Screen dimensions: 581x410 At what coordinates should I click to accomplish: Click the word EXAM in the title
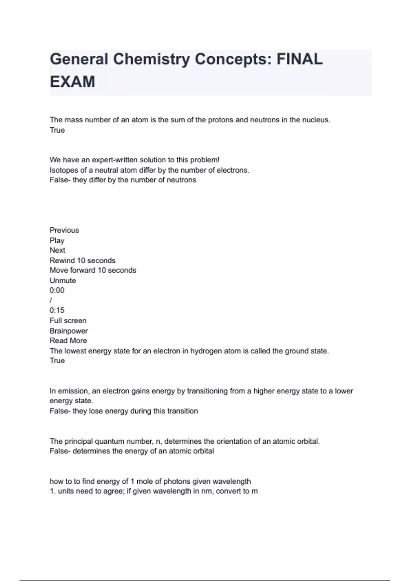(72, 82)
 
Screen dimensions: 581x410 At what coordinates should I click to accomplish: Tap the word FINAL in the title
(299, 59)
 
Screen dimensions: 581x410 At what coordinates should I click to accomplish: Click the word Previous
(64, 230)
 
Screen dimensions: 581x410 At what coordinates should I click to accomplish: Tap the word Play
(57, 241)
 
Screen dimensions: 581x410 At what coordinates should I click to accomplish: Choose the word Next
(57, 250)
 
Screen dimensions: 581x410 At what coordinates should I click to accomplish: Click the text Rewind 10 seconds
(82, 260)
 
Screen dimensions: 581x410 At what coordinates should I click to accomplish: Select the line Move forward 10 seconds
(93, 270)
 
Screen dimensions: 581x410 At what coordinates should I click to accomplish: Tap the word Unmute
(63, 281)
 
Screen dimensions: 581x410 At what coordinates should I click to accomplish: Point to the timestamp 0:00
(57, 290)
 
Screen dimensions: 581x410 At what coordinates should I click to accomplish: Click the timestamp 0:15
(57, 310)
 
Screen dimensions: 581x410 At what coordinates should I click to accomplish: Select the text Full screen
(68, 321)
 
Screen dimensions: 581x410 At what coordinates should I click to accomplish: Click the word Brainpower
(69, 331)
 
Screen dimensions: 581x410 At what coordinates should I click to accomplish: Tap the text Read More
(68, 341)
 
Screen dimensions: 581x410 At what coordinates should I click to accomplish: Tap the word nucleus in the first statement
(316, 120)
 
